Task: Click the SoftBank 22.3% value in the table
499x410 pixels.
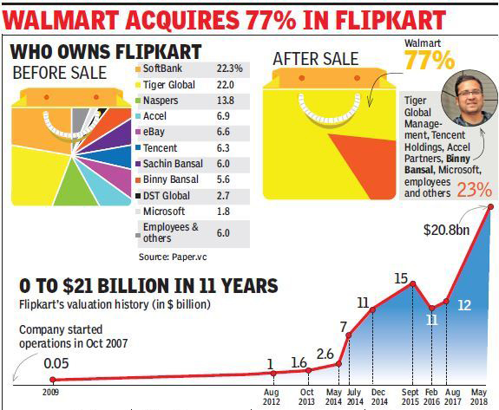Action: click(229, 68)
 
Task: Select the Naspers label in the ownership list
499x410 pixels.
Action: click(161, 101)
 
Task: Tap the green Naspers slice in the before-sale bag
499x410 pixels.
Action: click(76, 185)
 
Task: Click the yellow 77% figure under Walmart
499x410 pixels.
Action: click(430, 60)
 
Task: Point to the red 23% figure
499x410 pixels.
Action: click(474, 190)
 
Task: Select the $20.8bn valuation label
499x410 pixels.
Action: click(446, 230)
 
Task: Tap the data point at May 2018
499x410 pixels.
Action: click(490, 207)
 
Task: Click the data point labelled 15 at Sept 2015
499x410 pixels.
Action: click(413, 283)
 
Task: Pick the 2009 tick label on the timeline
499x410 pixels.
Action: click(50, 392)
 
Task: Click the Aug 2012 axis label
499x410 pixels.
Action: click(272, 397)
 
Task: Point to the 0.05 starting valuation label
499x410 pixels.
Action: click(56, 363)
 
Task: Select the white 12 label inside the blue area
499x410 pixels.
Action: click(464, 305)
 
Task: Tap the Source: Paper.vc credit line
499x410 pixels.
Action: click(173, 257)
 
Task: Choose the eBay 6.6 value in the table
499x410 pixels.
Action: click(223, 132)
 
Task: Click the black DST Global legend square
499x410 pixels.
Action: click(138, 196)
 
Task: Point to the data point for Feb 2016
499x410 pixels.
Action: click(432, 308)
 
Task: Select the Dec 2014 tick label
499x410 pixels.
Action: click(379, 397)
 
